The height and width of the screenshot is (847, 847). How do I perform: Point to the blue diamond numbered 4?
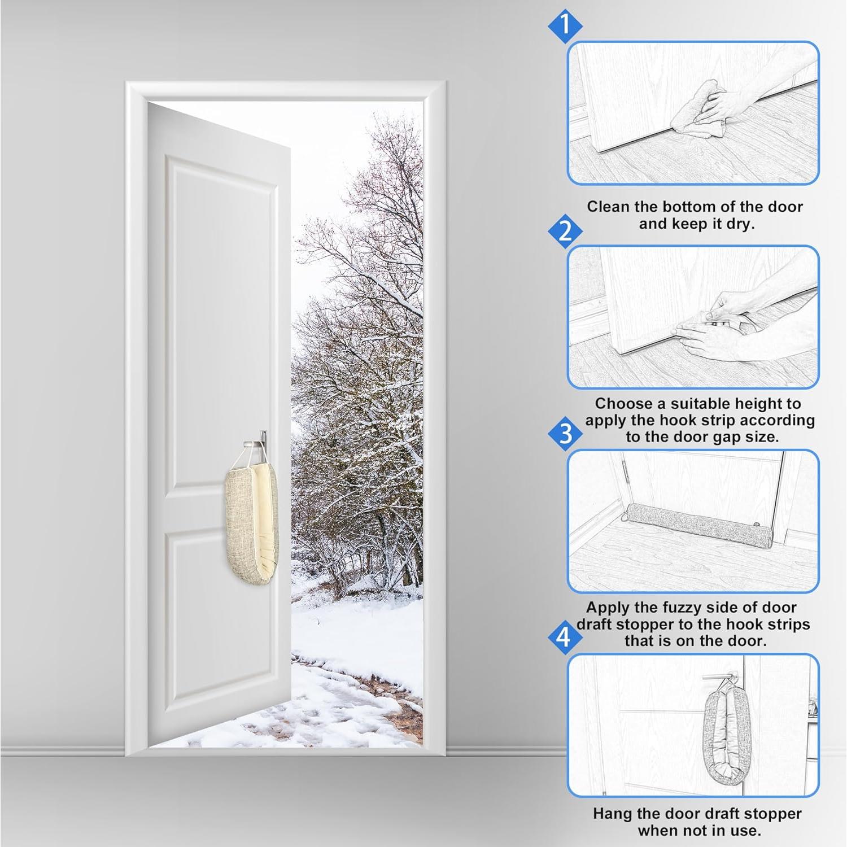pyautogui.click(x=564, y=638)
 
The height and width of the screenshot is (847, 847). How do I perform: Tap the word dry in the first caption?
pyautogui.click(x=740, y=224)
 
